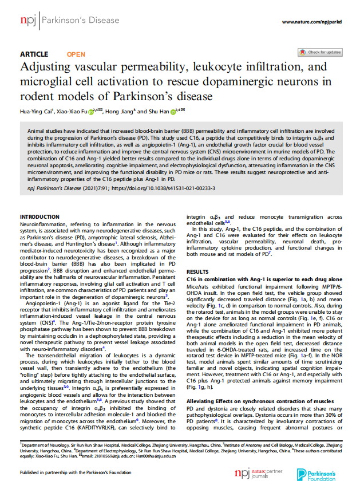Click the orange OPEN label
76,54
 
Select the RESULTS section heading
198,271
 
